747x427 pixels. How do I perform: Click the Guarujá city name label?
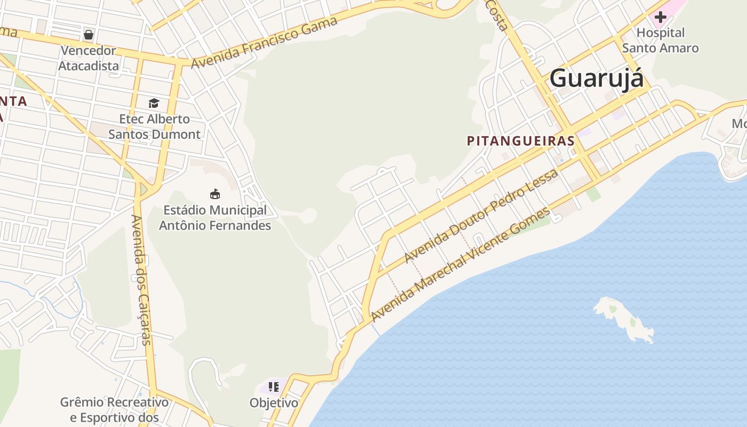(597, 78)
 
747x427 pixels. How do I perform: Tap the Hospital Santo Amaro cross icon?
(661, 17)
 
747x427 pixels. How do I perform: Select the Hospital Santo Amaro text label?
(661, 41)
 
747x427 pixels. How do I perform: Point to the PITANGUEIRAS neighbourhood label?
(520, 141)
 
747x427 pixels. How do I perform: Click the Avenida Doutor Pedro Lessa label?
(481, 216)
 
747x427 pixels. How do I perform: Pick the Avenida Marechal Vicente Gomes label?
(460, 265)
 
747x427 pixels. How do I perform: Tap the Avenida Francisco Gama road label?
(264, 42)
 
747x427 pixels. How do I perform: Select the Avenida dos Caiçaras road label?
(142, 280)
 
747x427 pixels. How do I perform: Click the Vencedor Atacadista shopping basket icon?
(89, 35)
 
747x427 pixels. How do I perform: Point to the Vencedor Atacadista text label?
(89, 58)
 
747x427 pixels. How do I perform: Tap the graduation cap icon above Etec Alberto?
(154, 103)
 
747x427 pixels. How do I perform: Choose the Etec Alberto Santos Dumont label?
(154, 126)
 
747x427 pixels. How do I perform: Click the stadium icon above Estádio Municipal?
(215, 194)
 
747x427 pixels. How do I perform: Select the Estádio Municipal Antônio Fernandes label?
(215, 218)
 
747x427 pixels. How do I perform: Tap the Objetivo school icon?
(274, 386)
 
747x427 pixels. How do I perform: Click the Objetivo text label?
(274, 403)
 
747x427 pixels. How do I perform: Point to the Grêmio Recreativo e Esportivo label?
(114, 409)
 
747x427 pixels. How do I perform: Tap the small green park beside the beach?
(593, 194)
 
